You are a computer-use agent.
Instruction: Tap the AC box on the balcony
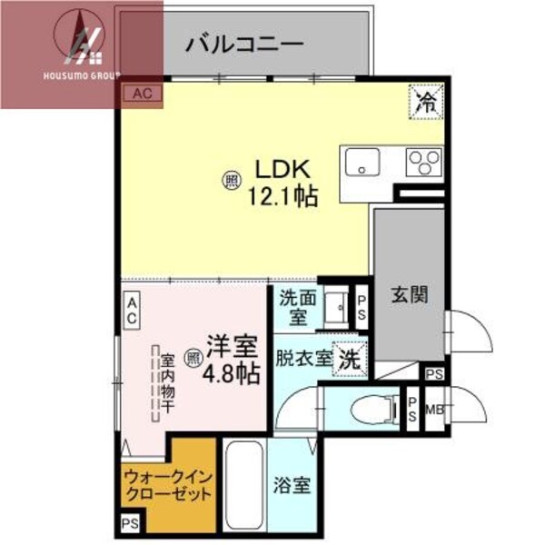[x=142, y=92]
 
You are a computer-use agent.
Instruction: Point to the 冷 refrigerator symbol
[x=425, y=99]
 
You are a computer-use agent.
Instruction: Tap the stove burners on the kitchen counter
[x=422, y=163]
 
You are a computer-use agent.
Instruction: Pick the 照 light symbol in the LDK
[x=232, y=181]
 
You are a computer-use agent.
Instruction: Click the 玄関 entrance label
[x=408, y=295]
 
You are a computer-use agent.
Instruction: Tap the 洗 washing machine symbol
[x=348, y=358]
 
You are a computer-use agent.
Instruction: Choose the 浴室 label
[x=292, y=485]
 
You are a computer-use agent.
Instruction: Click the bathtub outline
[x=243, y=486]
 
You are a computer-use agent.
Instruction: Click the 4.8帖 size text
[x=232, y=372]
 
